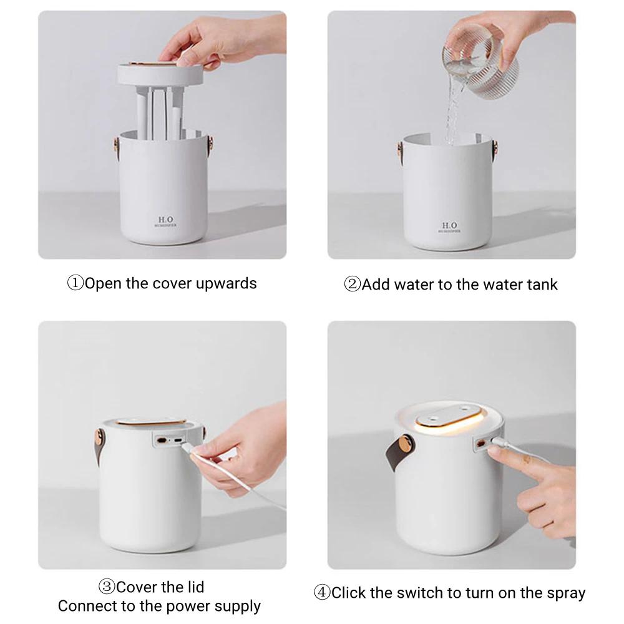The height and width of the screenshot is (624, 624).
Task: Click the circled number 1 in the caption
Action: [x=76, y=283]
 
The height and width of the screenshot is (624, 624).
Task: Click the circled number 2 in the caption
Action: [x=353, y=285]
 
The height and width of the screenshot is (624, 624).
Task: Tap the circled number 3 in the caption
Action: [x=107, y=587]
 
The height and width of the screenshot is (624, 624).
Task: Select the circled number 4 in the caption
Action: [x=322, y=592]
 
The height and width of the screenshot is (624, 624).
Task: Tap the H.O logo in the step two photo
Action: [x=449, y=225]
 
